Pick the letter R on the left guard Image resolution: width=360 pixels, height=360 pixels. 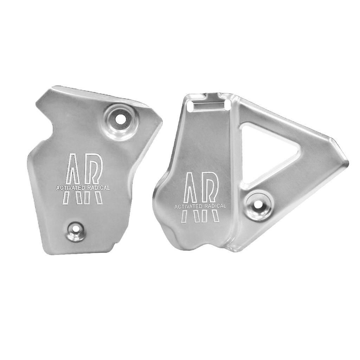pos(93,178)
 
